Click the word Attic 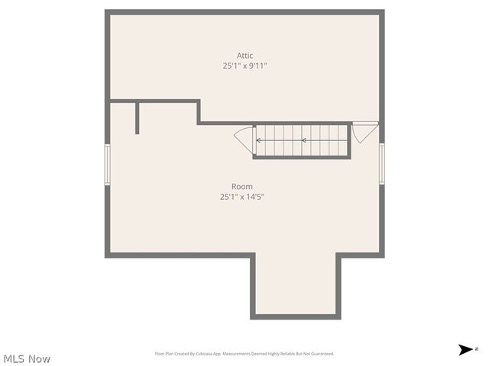(x=244, y=56)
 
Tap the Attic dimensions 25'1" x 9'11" (x=244, y=66)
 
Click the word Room (x=242, y=187)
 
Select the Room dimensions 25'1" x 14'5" (x=242, y=197)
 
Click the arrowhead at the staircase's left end (x=258, y=140)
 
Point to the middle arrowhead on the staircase (x=303, y=140)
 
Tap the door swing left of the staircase (x=244, y=139)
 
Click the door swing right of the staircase (x=364, y=131)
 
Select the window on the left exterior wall (x=108, y=164)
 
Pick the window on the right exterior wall (x=381, y=164)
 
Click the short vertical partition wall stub (x=138, y=117)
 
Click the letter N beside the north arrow (x=477, y=348)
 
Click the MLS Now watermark (x=27, y=358)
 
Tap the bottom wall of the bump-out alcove (x=296, y=316)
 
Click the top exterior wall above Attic (x=244, y=12)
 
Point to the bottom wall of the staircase (x=302, y=157)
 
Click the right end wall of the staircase (x=350, y=140)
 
